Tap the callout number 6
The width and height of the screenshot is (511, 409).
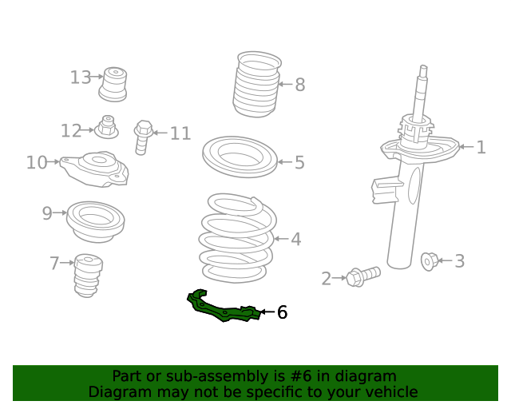282,312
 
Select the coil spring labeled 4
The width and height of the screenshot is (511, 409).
238,238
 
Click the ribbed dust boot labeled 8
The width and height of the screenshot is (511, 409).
257,84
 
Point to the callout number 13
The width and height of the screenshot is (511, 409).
81,77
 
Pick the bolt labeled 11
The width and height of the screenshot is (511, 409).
143,137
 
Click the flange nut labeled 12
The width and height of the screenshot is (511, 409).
106,127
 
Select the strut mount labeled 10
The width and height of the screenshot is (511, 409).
94,169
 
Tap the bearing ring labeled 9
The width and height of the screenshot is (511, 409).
96,222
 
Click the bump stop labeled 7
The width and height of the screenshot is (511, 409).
87,276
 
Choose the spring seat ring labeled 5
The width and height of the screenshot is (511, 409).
240,157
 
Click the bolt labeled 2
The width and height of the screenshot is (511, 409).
363,276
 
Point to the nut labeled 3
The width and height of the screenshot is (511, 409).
429,261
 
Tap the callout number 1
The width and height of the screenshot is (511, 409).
481,147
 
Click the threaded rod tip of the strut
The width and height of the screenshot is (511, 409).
423,69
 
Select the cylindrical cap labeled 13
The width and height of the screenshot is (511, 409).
113,85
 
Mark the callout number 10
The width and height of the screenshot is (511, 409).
37,162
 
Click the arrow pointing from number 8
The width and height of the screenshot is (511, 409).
286,84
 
